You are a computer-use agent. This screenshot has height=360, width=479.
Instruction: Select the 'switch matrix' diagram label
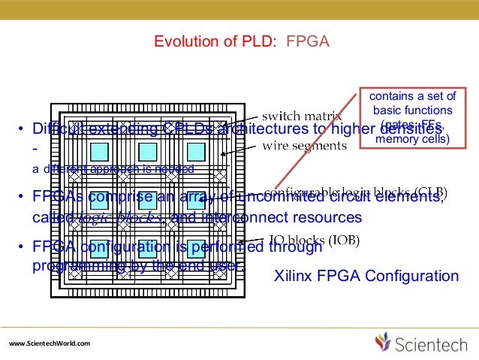coord(301,116)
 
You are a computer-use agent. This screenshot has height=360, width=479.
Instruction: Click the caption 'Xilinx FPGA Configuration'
coord(366,277)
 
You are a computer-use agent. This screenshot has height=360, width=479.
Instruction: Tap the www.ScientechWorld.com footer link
coord(49,343)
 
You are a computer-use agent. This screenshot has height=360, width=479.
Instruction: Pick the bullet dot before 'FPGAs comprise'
coord(22,198)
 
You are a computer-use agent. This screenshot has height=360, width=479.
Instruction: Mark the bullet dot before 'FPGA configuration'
coord(22,249)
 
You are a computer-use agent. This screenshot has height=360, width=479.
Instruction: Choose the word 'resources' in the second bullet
coord(325,218)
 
